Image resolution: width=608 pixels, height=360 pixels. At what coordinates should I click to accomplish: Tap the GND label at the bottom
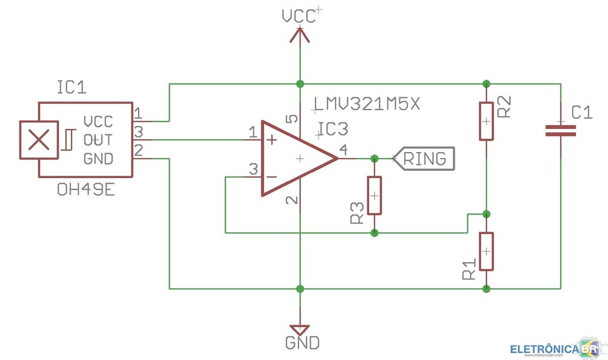coord(302,343)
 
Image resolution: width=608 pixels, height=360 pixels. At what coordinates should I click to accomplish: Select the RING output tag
coord(423,159)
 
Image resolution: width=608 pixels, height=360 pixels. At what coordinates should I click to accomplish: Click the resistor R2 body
coord(486,121)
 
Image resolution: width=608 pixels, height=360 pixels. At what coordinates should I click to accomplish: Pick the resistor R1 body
coord(486,251)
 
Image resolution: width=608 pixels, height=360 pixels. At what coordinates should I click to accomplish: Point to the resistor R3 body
coord(374,196)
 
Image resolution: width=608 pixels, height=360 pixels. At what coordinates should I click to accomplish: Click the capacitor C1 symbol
coord(560,130)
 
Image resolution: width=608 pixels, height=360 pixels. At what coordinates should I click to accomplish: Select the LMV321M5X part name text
coord(366,105)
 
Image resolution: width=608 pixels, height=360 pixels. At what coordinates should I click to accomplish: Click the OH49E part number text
coord(85,190)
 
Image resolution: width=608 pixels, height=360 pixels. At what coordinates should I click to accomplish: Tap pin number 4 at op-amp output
coord(344,150)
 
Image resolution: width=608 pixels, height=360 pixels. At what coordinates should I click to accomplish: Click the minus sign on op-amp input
coord(271,177)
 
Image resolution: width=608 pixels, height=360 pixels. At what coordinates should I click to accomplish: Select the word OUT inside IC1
coord(98,140)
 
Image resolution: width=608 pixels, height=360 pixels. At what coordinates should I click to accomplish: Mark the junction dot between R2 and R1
coord(486,213)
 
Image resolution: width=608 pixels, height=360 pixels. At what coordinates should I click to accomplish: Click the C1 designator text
coord(582,112)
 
